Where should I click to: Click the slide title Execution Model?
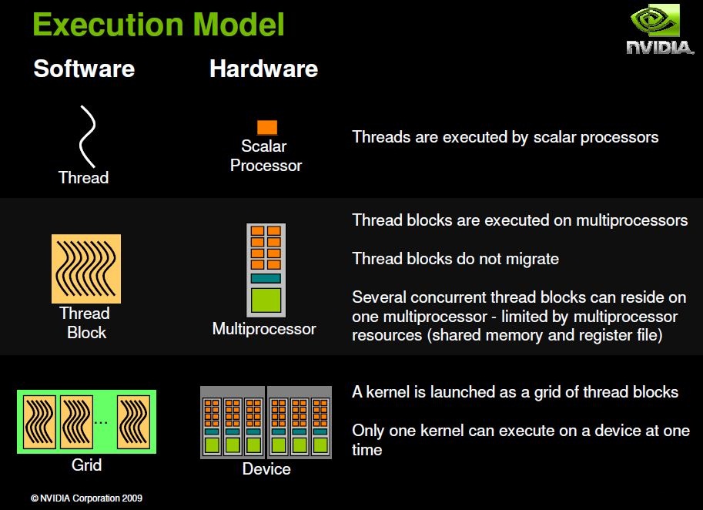[x=158, y=25]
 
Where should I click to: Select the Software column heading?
[x=84, y=69]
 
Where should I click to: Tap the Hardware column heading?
[x=263, y=69]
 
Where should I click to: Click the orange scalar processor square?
[x=266, y=127]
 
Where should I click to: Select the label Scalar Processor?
[x=266, y=156]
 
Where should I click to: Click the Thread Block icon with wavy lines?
[x=86, y=269]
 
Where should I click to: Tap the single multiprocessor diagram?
[x=266, y=270]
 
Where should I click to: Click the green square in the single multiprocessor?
[x=266, y=299]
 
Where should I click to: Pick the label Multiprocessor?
[x=264, y=329]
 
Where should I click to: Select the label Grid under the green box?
[x=86, y=465]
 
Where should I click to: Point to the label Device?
[x=266, y=468]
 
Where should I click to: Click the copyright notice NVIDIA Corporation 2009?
[x=86, y=498]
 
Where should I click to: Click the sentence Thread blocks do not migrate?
[x=455, y=259]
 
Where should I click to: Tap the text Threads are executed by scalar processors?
[x=505, y=137]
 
